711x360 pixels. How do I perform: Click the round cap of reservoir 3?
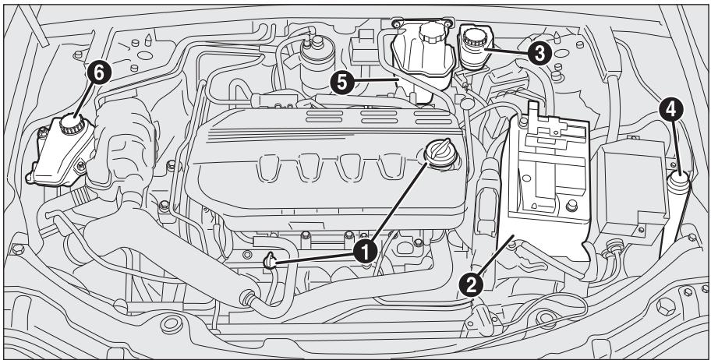coord(473,37)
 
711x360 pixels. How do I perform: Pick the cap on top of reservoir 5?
coord(430,35)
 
